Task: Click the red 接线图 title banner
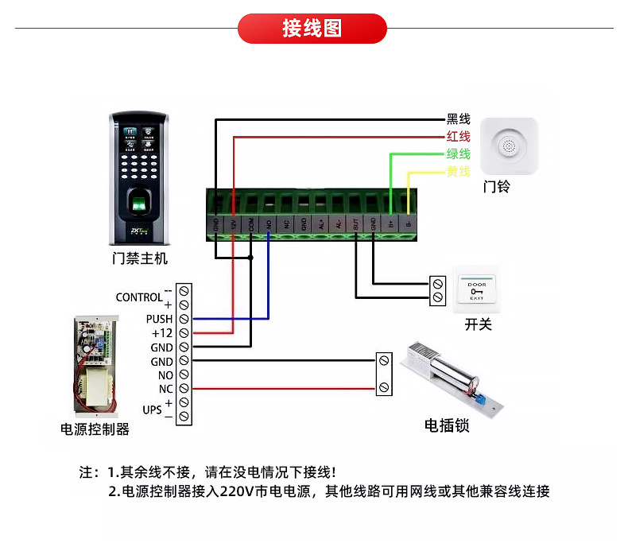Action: click(312, 29)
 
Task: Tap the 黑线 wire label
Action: click(458, 119)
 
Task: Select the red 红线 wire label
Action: click(458, 137)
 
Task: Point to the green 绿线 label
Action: click(458, 154)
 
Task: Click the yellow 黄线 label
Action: click(458, 172)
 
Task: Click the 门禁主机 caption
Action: click(140, 258)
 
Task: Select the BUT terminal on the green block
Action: click(356, 224)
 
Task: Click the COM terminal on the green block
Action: click(251, 224)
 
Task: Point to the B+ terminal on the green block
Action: click(391, 224)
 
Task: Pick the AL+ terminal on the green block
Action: click(321, 224)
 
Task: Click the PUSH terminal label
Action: click(159, 319)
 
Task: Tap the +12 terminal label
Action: click(161, 333)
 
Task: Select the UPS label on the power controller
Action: click(152, 410)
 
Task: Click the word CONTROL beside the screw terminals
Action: click(138, 297)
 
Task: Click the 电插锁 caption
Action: click(447, 426)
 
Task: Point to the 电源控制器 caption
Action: click(95, 429)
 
